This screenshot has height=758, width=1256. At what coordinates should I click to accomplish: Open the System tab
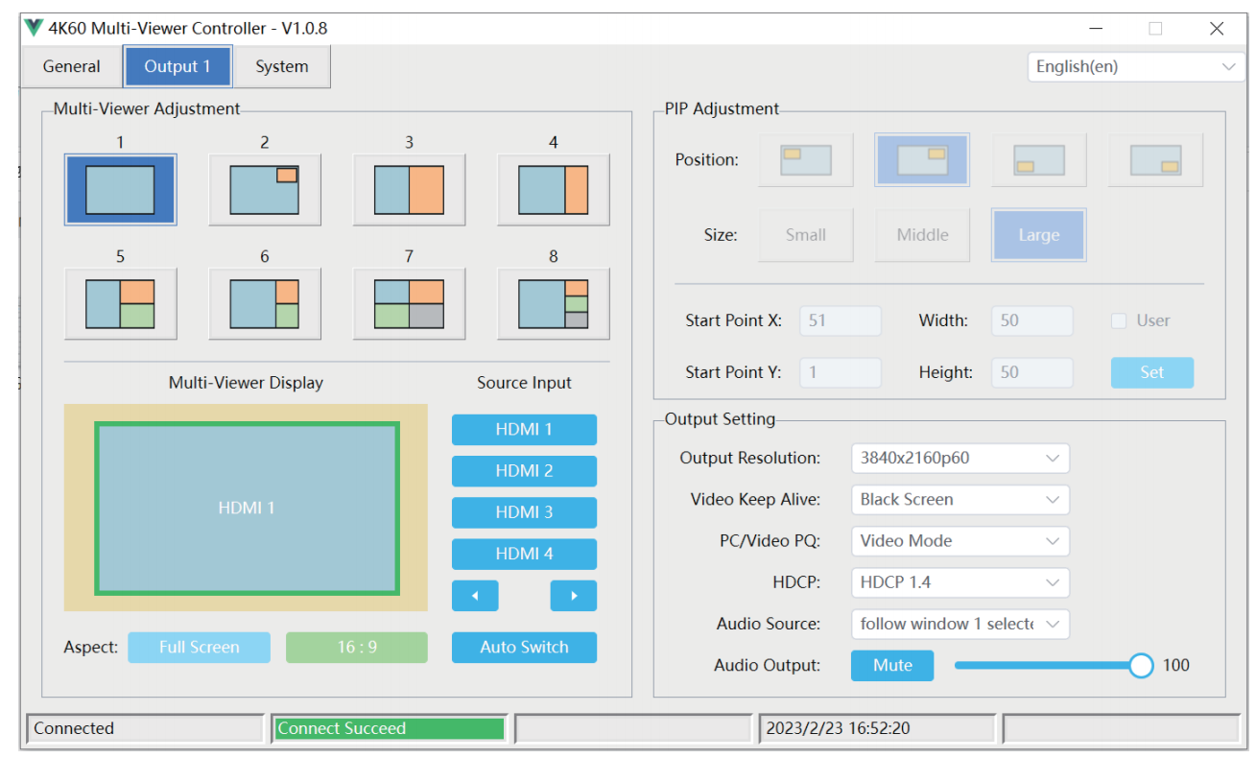pyautogui.click(x=281, y=67)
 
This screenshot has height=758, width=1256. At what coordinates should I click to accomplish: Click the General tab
pyautogui.click(x=71, y=67)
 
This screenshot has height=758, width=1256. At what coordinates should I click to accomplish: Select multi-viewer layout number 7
pyautogui.click(x=409, y=303)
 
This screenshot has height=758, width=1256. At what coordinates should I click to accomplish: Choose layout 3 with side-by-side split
pyautogui.click(x=409, y=190)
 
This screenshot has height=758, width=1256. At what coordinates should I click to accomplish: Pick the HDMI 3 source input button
pyautogui.click(x=524, y=511)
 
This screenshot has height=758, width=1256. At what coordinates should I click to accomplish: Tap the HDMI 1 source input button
pyautogui.click(x=524, y=430)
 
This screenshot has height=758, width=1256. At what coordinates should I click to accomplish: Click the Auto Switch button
pyautogui.click(x=524, y=647)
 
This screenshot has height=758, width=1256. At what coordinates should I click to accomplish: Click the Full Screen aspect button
pyautogui.click(x=199, y=647)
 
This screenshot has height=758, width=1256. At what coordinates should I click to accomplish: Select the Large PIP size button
pyautogui.click(x=1038, y=235)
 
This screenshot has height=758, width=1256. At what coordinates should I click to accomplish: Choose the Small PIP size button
pyautogui.click(x=806, y=235)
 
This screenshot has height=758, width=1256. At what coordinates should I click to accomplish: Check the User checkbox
pyautogui.click(x=1119, y=320)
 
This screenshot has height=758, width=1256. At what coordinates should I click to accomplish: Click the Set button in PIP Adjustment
pyautogui.click(x=1152, y=372)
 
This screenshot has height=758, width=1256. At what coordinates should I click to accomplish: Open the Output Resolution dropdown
pyautogui.click(x=960, y=458)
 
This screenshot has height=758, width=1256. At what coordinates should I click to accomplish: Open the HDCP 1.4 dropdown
pyautogui.click(x=960, y=582)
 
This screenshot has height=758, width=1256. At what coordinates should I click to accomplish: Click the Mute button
pyautogui.click(x=892, y=666)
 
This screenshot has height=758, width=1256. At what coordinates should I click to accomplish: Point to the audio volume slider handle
pyautogui.click(x=1141, y=666)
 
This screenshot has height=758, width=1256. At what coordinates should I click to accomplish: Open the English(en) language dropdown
pyautogui.click(x=1135, y=67)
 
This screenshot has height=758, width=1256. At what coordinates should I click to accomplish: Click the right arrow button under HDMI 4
pyautogui.click(x=574, y=596)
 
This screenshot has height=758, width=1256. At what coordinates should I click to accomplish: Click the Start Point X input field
pyautogui.click(x=840, y=320)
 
